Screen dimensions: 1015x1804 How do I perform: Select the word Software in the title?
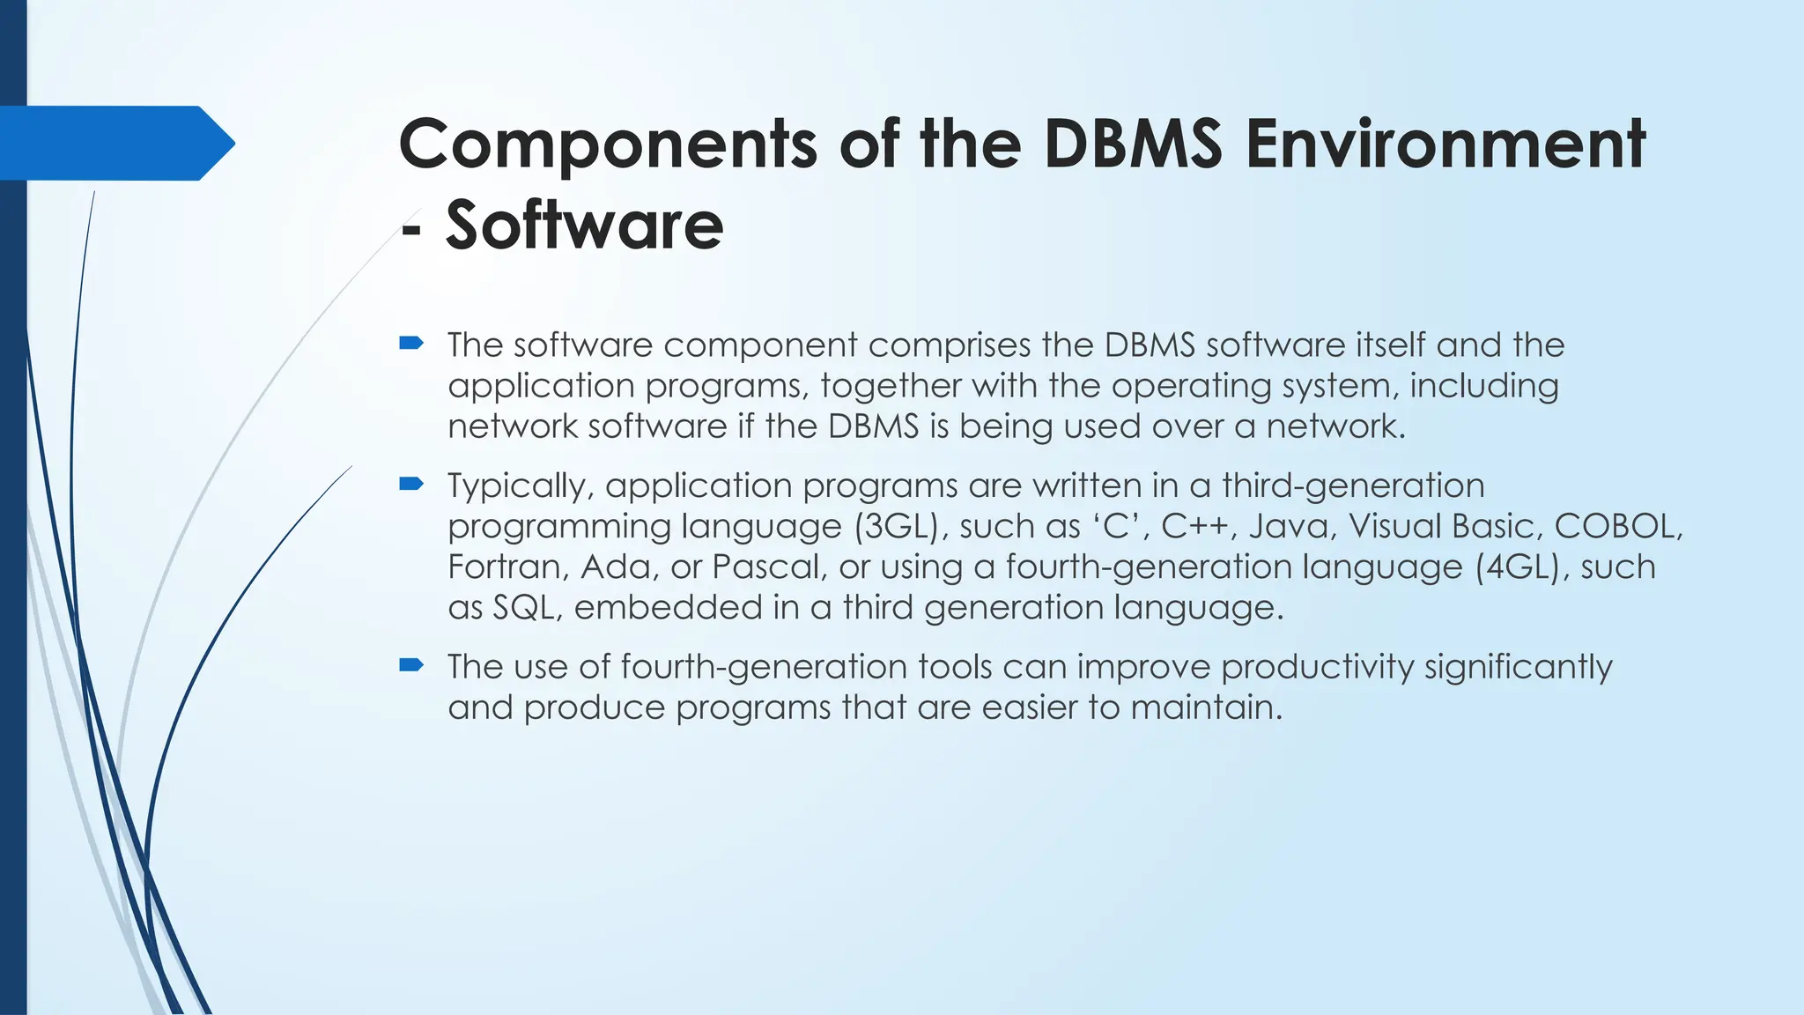coord(584,226)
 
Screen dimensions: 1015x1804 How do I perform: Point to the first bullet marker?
coord(411,343)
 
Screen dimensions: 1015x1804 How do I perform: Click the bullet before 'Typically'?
coord(411,483)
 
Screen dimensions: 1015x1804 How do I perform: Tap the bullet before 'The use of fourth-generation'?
coord(411,664)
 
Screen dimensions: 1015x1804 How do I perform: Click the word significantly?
coord(1518,667)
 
